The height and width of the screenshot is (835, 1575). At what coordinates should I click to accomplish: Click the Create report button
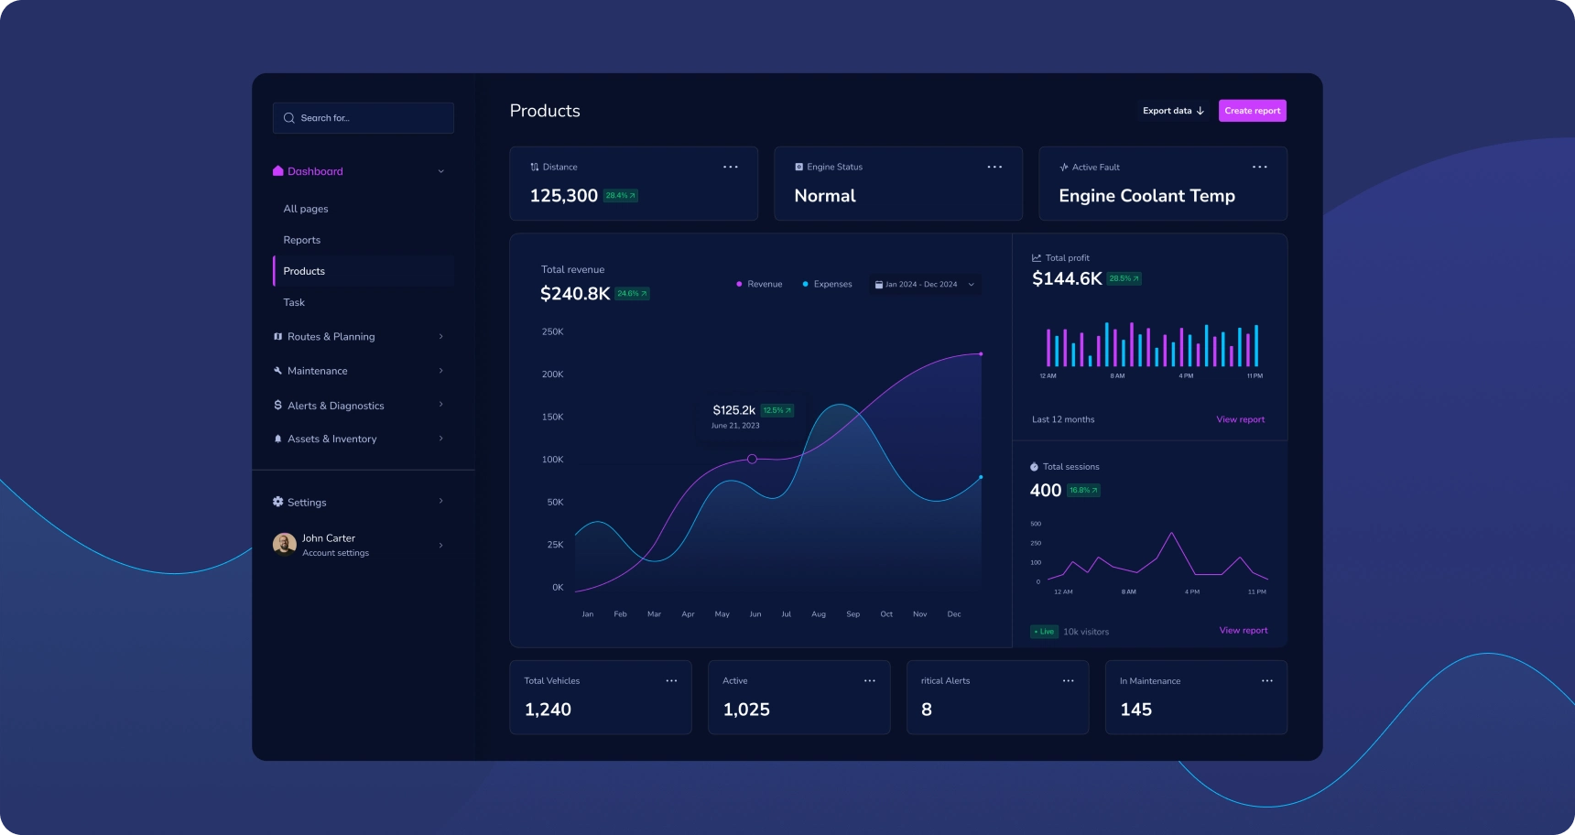(x=1252, y=111)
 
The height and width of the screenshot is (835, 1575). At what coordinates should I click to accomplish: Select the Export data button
(x=1173, y=111)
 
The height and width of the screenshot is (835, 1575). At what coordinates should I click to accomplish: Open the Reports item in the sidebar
(x=302, y=240)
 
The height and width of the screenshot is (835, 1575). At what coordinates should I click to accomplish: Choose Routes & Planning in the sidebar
(x=331, y=337)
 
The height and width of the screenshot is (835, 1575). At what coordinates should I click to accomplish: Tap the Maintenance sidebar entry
(x=317, y=371)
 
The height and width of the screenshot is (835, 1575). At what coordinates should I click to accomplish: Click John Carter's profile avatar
(x=285, y=545)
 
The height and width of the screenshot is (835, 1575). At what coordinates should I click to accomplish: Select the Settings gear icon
(x=278, y=502)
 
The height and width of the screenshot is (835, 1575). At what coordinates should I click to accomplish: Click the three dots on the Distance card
(x=730, y=167)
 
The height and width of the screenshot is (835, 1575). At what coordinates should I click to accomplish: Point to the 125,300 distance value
(x=563, y=196)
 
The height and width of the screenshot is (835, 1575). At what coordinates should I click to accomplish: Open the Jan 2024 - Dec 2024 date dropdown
(x=924, y=285)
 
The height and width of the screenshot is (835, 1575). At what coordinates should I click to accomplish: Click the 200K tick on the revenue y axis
(x=552, y=374)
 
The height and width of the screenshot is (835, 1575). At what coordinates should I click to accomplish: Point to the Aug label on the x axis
(x=819, y=614)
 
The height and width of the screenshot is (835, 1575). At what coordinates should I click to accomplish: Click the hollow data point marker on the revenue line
(x=752, y=459)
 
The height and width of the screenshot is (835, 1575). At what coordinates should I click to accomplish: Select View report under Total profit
(x=1240, y=419)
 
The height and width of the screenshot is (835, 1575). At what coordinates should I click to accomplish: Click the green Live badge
(x=1044, y=632)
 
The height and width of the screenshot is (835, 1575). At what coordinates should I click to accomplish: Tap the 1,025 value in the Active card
(x=746, y=710)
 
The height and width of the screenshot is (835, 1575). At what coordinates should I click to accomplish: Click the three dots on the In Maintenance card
(x=1266, y=681)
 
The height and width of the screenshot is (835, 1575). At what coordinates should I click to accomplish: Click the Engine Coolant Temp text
(x=1146, y=196)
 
